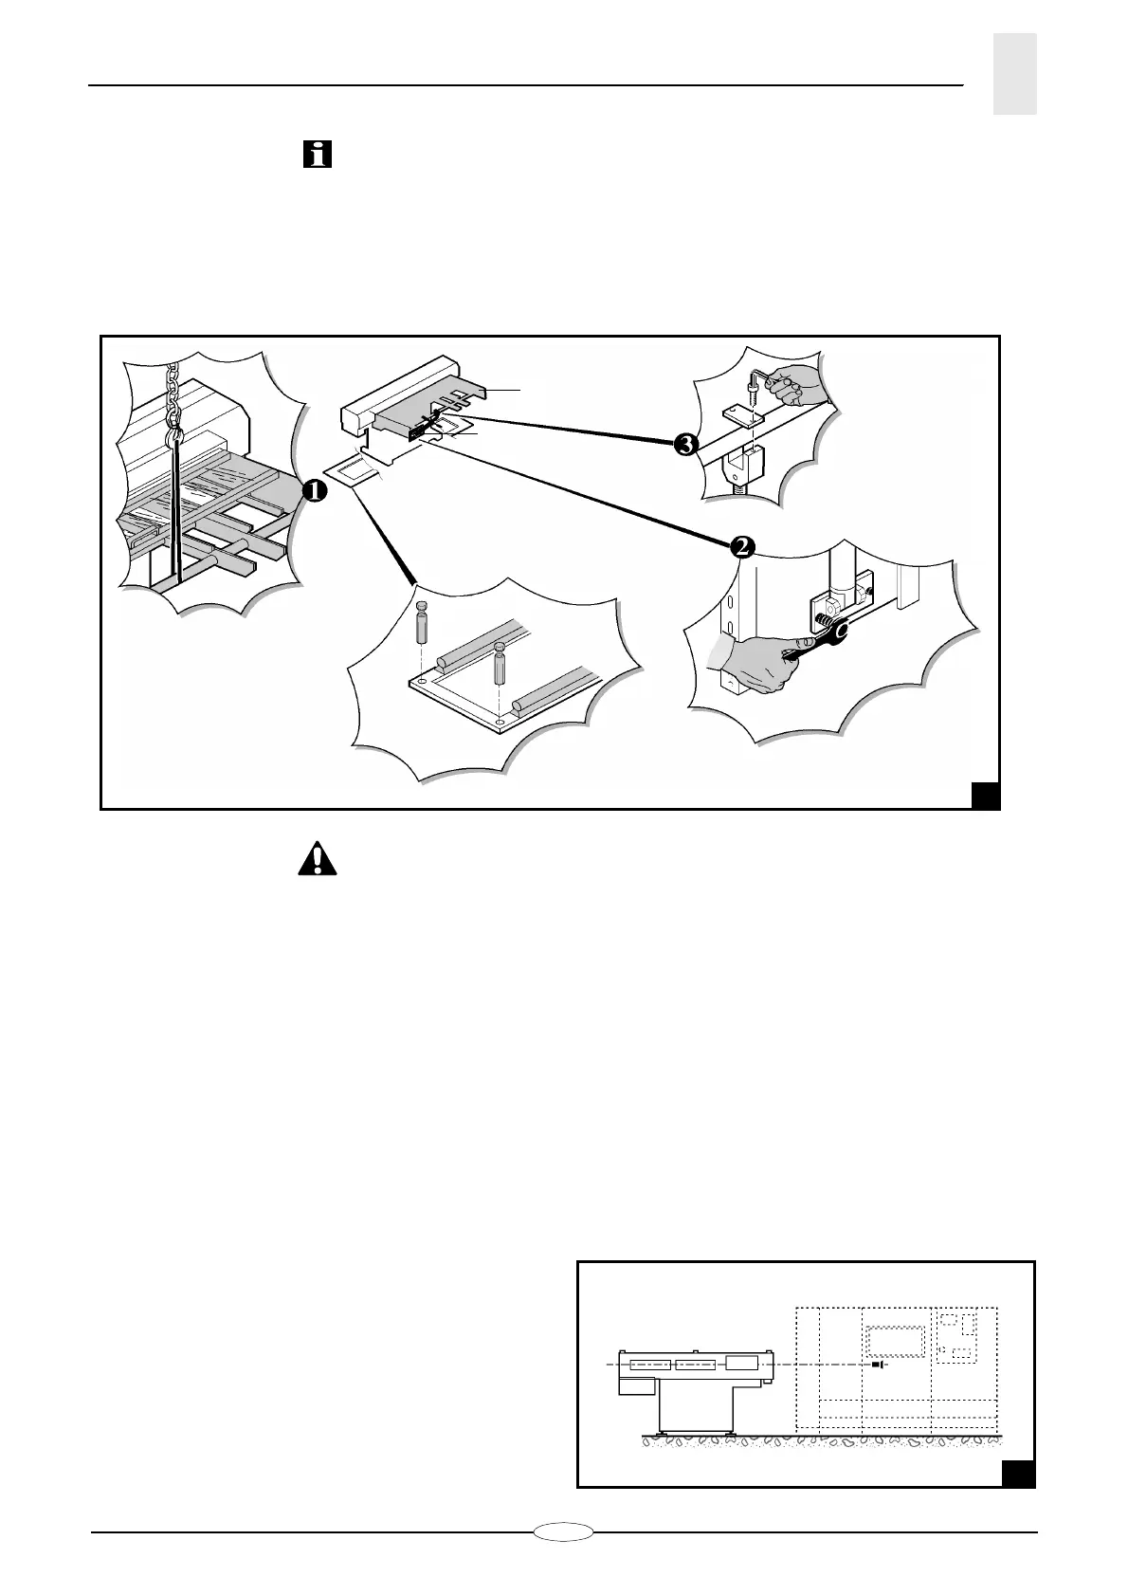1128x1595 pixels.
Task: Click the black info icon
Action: click(318, 154)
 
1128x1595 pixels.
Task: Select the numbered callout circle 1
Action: click(315, 489)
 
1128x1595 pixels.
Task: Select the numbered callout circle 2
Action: click(742, 547)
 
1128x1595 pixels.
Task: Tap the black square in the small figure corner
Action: click(1018, 1499)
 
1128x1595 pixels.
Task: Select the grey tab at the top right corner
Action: click(1014, 74)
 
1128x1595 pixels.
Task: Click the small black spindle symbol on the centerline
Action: click(878, 1365)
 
